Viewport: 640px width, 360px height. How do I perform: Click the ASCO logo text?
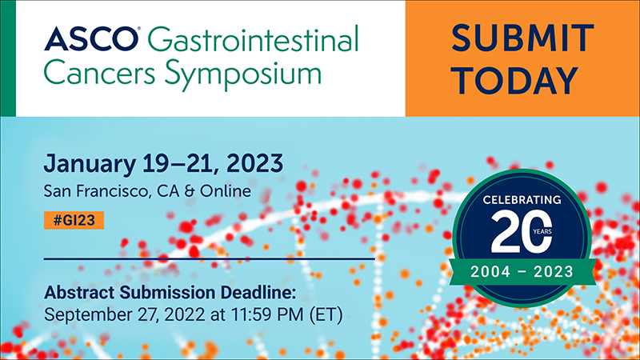click(x=91, y=38)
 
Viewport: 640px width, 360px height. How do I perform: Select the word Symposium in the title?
click(x=243, y=74)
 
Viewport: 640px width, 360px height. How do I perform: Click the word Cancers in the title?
click(x=99, y=73)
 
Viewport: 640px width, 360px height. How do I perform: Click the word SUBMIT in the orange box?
click(x=522, y=38)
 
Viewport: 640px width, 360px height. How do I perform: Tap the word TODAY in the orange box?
click(x=516, y=81)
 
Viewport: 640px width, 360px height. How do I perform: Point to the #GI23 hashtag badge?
click(x=74, y=221)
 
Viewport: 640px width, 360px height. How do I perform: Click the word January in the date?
click(x=90, y=164)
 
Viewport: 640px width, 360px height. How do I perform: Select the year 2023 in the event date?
click(x=254, y=163)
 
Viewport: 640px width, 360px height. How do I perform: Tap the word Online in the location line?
click(x=226, y=191)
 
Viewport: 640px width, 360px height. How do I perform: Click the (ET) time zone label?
click(x=326, y=314)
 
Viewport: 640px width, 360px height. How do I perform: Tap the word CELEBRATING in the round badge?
click(x=522, y=199)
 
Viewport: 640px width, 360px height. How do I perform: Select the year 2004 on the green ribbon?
click(x=490, y=271)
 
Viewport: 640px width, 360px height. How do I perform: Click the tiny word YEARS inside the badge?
click(x=542, y=231)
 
